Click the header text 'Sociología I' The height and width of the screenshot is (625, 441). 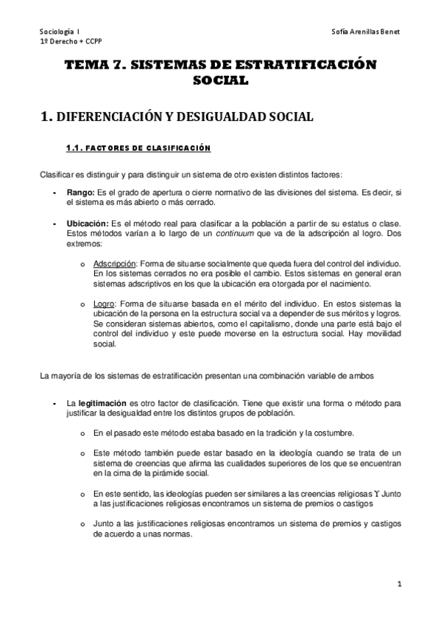tap(60, 32)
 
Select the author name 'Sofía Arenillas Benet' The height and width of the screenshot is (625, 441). tap(365, 32)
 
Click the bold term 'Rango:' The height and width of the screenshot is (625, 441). tap(80, 193)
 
